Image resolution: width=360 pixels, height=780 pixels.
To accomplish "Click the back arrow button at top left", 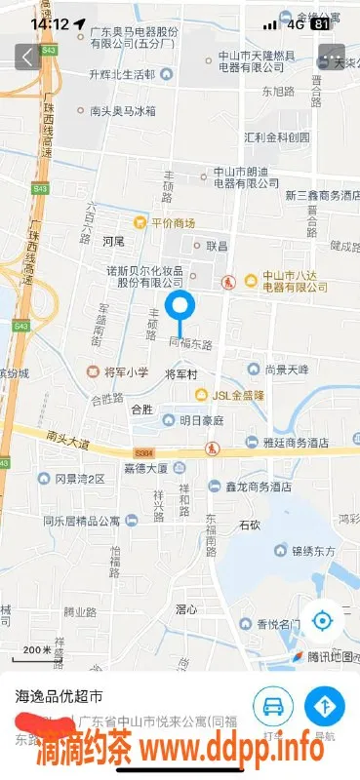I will point(24,57).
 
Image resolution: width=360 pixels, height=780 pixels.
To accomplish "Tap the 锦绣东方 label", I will point(311,550).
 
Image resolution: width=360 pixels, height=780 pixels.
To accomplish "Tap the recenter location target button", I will point(324,620).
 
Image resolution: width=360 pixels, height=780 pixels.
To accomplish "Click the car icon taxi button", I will point(273,706).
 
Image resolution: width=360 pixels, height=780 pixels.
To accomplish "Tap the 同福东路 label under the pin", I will point(191,343).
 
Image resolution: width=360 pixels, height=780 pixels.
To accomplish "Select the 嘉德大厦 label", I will point(145,467).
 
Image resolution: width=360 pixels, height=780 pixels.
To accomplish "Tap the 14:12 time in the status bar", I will point(49,22).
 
